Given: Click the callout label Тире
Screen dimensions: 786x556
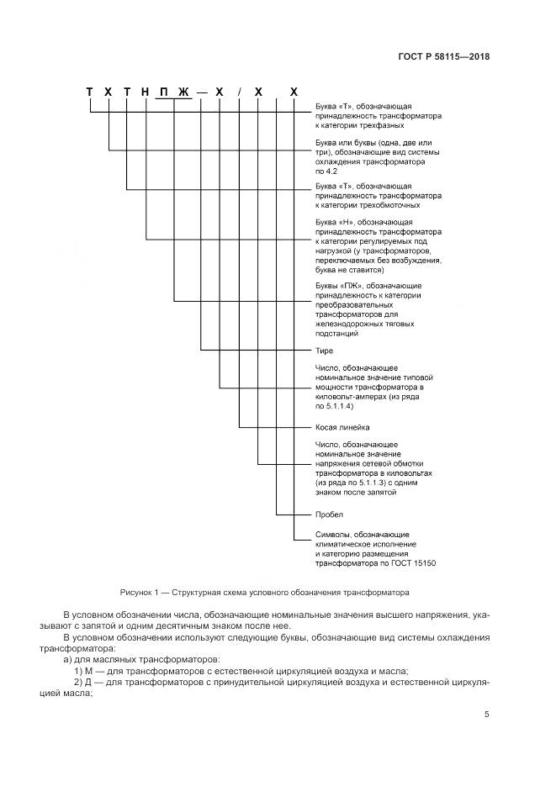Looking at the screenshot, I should click(324, 350).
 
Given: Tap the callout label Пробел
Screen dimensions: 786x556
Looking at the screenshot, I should click(330, 514).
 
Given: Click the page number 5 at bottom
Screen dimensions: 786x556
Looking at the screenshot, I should click(486, 715).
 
